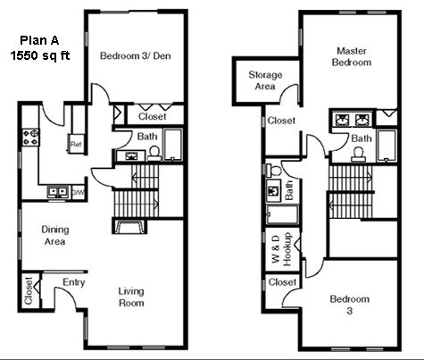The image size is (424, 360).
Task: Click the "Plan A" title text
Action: click(x=39, y=40)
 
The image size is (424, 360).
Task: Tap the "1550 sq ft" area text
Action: click(x=40, y=55)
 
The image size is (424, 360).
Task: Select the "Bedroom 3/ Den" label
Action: click(x=136, y=55)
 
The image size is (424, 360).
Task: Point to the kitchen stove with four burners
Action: click(x=30, y=138)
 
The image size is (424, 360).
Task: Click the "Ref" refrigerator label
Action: click(x=76, y=145)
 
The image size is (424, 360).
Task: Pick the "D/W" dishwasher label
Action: click(x=79, y=192)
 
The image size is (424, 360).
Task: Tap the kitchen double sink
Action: click(x=58, y=192)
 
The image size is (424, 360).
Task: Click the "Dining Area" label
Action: click(x=55, y=235)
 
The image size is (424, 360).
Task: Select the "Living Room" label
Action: click(x=131, y=297)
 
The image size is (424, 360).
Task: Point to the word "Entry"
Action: click(x=74, y=282)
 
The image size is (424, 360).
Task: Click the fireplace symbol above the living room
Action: click(x=129, y=226)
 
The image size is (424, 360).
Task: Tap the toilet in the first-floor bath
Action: click(x=154, y=154)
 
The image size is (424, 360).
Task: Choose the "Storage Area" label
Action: click(x=265, y=80)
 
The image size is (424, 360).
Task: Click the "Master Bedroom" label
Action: click(x=352, y=56)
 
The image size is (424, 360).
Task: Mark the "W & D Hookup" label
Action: click(x=281, y=249)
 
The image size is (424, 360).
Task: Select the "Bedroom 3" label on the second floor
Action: click(x=350, y=305)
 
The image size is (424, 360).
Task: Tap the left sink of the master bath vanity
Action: click(x=341, y=120)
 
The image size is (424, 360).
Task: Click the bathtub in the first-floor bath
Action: click(x=173, y=145)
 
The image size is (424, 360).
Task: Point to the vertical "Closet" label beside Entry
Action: click(x=29, y=291)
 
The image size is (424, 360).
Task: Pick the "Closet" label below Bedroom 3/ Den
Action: click(x=152, y=116)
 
